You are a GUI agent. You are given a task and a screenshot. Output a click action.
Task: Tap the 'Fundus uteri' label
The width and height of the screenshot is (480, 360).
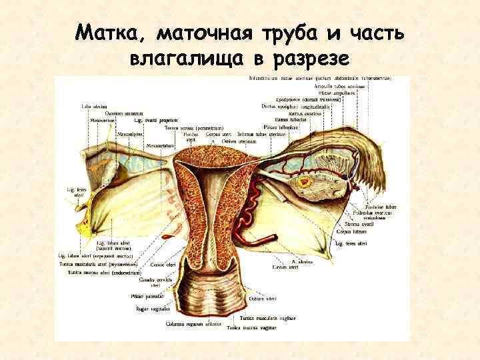[x=190, y=137]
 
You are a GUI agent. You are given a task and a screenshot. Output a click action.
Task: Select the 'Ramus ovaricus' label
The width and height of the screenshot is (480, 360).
[x=306, y=113]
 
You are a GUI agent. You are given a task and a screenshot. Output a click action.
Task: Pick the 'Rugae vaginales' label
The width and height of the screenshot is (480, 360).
[x=153, y=309]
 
